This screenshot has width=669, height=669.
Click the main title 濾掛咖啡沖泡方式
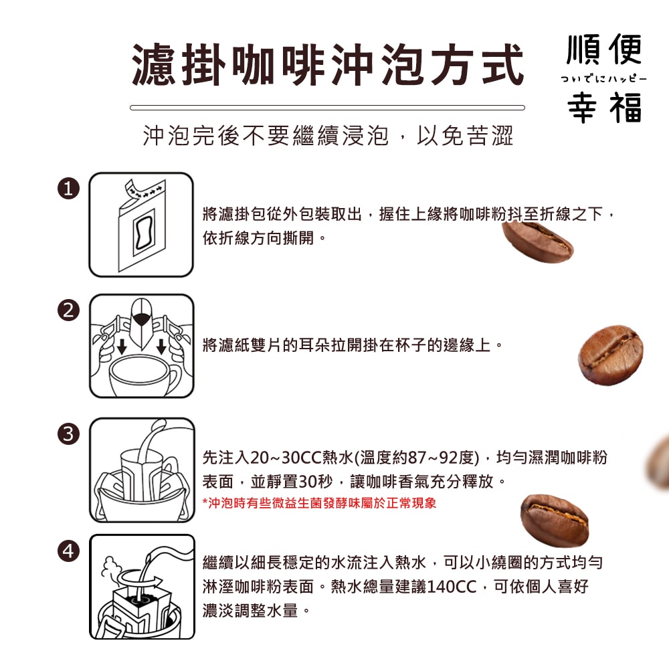click(327, 65)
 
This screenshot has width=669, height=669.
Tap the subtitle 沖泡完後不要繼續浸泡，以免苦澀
click(328, 136)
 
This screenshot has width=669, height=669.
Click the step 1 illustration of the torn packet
click(141, 225)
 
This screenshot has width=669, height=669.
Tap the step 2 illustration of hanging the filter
click(141, 346)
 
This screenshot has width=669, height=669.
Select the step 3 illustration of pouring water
click(141, 470)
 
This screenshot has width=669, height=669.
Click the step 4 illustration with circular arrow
click(141, 587)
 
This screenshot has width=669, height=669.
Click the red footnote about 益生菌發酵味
click(319, 502)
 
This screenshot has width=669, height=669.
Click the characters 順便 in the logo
click(604, 50)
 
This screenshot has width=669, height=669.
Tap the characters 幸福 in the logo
click(604, 107)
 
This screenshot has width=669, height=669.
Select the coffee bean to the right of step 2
click(610, 355)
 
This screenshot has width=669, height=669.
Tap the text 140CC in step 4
click(452, 587)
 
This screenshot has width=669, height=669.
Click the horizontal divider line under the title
click(327, 107)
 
